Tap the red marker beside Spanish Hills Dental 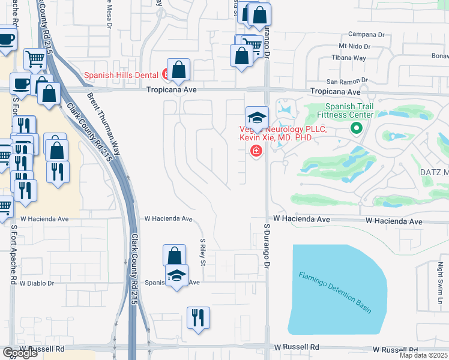coord(165,75)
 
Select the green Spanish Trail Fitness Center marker coord(356,127)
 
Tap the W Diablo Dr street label coord(37,283)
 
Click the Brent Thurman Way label coord(104,124)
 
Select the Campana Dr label coord(358,34)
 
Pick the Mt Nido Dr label coord(353,46)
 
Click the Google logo coord(20,353)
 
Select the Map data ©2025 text coord(424,355)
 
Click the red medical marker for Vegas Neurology coord(256,151)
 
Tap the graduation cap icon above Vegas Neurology coord(257,117)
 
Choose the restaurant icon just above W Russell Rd coord(198,317)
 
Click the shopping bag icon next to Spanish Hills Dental coord(179,70)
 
